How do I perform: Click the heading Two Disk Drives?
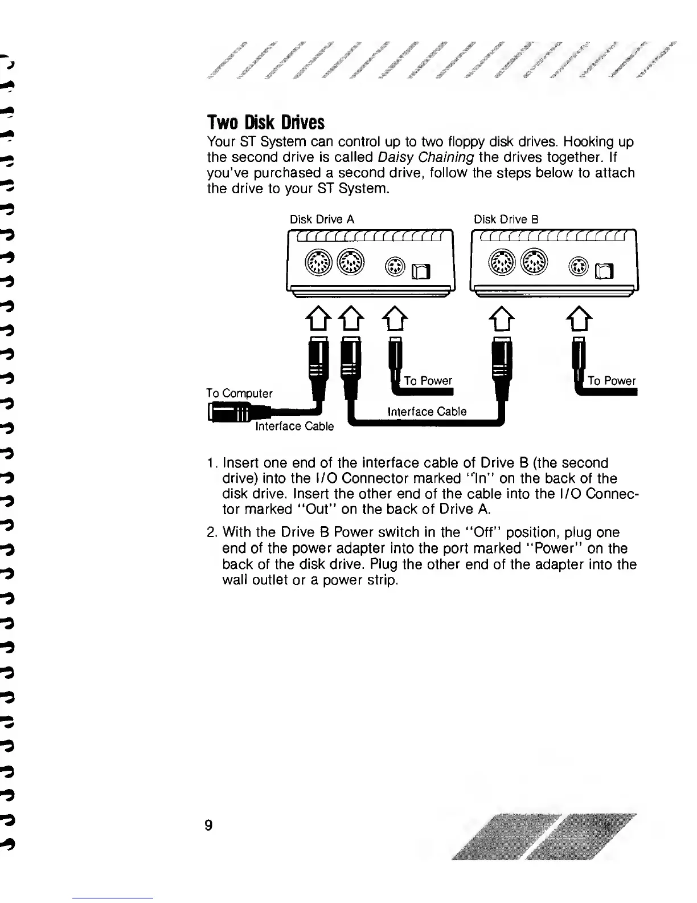click(265, 123)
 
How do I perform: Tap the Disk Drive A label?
click(322, 219)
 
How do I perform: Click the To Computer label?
click(239, 393)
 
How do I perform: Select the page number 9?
click(209, 825)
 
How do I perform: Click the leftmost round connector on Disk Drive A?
click(317, 262)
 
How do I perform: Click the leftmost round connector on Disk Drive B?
click(500, 262)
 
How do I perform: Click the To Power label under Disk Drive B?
click(612, 381)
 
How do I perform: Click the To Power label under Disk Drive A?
click(428, 381)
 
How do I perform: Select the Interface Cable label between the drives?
click(427, 412)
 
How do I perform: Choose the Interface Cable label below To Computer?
click(294, 426)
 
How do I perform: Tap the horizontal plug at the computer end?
click(231, 412)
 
